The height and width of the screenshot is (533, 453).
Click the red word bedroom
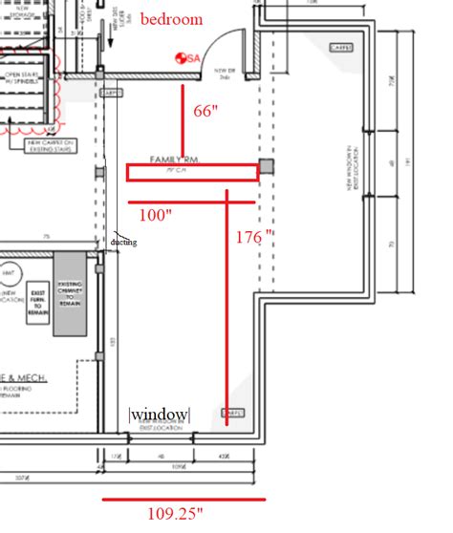pyautogui.click(x=172, y=19)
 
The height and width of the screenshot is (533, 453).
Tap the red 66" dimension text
pyautogui.click(x=206, y=111)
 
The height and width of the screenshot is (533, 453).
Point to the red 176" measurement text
pyautogui.click(x=255, y=234)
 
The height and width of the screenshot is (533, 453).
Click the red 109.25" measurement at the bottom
pyautogui.click(x=176, y=514)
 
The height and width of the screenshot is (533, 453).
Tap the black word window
pyautogui.click(x=160, y=415)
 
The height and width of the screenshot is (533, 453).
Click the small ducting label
pyautogui.click(x=123, y=242)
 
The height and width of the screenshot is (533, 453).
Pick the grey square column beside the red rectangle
pyautogui.click(x=267, y=166)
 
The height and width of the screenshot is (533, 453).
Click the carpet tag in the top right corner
pyautogui.click(x=339, y=48)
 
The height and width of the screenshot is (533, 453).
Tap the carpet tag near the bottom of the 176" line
pyautogui.click(x=231, y=413)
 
